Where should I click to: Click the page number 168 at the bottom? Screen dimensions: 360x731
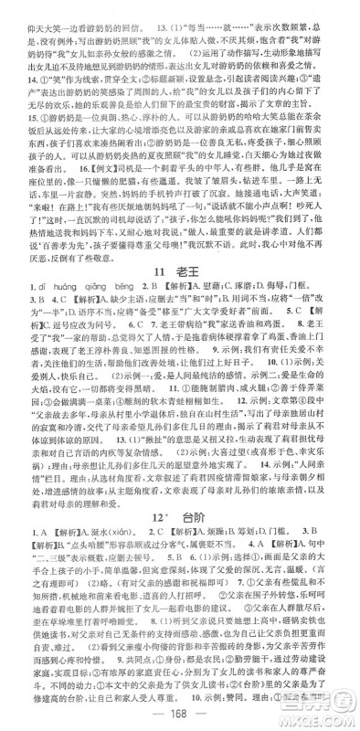(x=179, y=713)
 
